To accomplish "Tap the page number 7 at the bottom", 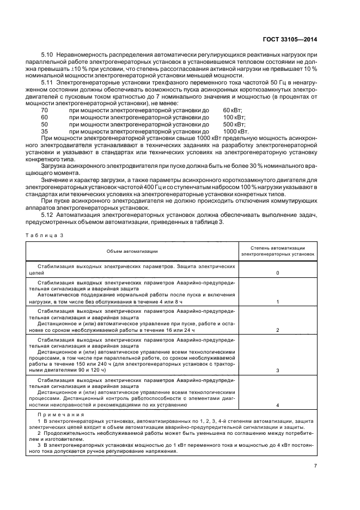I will pos(316,466).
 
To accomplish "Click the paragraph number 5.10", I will pos(48,56).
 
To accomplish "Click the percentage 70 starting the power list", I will pos(44,110).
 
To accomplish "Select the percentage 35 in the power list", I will pos(44,132).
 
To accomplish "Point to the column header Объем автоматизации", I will pos(132,251).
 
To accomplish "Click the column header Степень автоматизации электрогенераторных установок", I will pos(278,251).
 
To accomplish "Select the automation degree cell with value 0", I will pos(278,272).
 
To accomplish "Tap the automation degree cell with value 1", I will pos(278,301).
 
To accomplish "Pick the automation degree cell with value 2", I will pos(278,330).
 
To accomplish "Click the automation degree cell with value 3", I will pos(278,370).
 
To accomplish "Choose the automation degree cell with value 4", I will pos(278,405).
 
